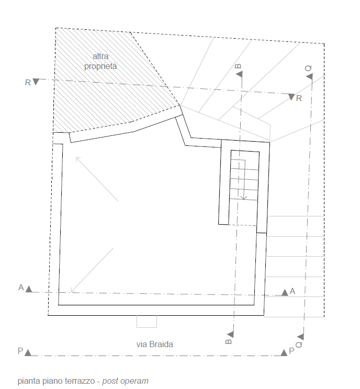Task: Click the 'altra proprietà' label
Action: click(x=100, y=61)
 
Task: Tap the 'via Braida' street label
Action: click(x=154, y=345)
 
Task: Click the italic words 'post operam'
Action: click(x=126, y=381)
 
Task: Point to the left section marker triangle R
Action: click(x=36, y=82)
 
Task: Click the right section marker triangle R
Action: click(x=291, y=97)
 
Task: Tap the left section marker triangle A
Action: click(x=29, y=289)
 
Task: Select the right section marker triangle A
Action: click(x=285, y=292)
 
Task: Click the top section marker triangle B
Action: click(x=239, y=74)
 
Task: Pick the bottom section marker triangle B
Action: click(x=231, y=334)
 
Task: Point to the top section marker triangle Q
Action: click(x=309, y=76)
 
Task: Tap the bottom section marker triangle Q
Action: click(x=301, y=337)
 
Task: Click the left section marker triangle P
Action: click(x=28, y=352)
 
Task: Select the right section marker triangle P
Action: click(x=284, y=352)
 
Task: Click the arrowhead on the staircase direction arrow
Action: click(x=244, y=198)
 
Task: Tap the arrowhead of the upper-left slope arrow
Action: click(x=78, y=159)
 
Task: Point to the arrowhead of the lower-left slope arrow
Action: click(x=73, y=290)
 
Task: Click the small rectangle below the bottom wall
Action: click(x=147, y=322)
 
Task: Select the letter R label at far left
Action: click(x=28, y=83)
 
